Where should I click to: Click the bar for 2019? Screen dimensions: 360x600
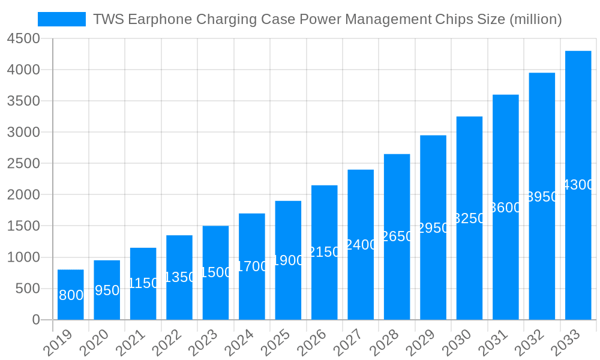[71, 294]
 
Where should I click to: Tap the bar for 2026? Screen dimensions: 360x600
[325, 252]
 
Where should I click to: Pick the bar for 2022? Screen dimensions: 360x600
[179, 277]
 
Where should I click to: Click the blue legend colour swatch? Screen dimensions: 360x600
[62, 19]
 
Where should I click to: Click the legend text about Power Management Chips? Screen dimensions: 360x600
[328, 19]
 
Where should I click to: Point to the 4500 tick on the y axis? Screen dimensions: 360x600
[23, 38]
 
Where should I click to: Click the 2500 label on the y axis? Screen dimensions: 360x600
[23, 163]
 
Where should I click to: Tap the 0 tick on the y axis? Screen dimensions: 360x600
[35, 320]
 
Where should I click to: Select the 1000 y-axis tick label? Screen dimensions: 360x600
[23, 257]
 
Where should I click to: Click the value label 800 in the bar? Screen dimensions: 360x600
[71, 295]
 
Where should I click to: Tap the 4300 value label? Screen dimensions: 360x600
[578, 185]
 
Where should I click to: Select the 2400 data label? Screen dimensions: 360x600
[361, 245]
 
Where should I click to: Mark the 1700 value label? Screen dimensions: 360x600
[252, 266]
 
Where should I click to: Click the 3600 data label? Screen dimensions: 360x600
[506, 208]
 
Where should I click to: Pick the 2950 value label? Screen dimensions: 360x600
[433, 228]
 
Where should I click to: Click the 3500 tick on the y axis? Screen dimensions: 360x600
[23, 101]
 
